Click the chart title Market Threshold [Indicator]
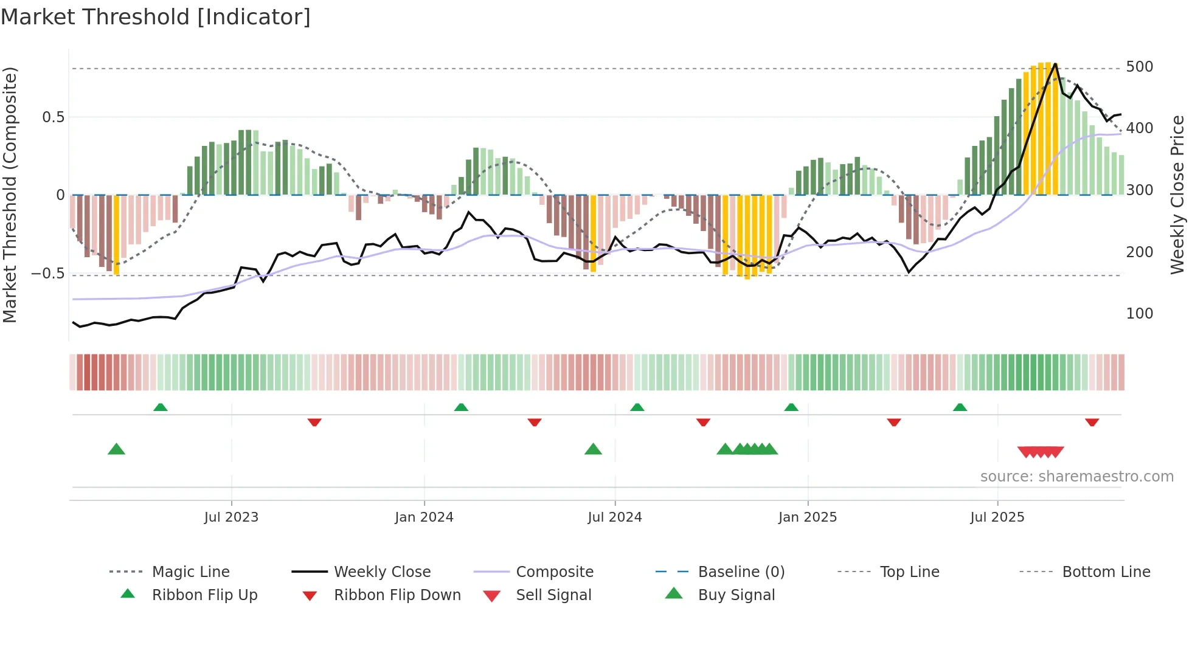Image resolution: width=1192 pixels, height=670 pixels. [x=156, y=17]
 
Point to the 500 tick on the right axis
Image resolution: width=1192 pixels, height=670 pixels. [x=1139, y=67]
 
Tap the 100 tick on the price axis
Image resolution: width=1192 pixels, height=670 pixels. [x=1139, y=314]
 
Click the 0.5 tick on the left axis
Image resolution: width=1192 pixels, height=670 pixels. [x=53, y=117]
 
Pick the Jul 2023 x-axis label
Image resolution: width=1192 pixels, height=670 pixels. [x=231, y=517]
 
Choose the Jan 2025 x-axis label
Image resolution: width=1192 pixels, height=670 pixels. [x=807, y=517]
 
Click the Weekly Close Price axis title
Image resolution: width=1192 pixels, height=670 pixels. [x=1177, y=195]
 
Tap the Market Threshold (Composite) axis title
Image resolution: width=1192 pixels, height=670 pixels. [x=10, y=195]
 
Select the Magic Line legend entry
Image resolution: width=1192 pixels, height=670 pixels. [x=190, y=572]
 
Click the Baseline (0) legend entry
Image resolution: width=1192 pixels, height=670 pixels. [x=741, y=572]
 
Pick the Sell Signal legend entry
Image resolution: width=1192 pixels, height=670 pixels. [x=553, y=595]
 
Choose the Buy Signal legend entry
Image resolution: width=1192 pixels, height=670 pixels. [x=736, y=595]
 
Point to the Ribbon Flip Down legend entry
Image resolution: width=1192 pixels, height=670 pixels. [x=397, y=595]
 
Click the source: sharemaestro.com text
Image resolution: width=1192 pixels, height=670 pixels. [x=1076, y=477]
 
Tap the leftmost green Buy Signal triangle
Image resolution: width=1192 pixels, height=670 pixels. [x=116, y=449]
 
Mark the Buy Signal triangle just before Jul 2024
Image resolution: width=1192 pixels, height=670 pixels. [x=593, y=449]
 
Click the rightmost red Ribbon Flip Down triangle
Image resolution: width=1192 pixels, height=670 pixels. [x=1092, y=422]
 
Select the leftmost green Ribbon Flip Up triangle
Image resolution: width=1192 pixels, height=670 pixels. [x=161, y=407]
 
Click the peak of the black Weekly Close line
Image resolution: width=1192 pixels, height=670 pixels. [x=1055, y=63]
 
